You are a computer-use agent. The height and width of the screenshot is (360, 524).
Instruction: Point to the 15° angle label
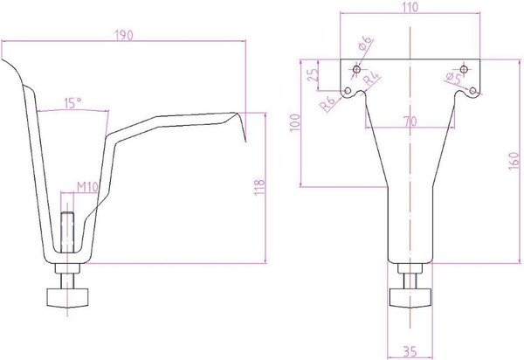[x=73, y=102]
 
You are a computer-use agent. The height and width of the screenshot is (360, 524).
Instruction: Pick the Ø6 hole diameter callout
[x=366, y=44]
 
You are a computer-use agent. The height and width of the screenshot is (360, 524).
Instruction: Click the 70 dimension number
[x=409, y=122]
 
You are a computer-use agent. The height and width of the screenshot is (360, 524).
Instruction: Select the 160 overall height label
[x=515, y=161]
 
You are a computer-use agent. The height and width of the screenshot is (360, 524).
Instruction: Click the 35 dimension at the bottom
[x=408, y=352]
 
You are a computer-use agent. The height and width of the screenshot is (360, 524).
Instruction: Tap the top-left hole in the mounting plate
[x=355, y=69]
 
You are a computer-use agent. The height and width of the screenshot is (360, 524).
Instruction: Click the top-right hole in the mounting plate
[x=465, y=69]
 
